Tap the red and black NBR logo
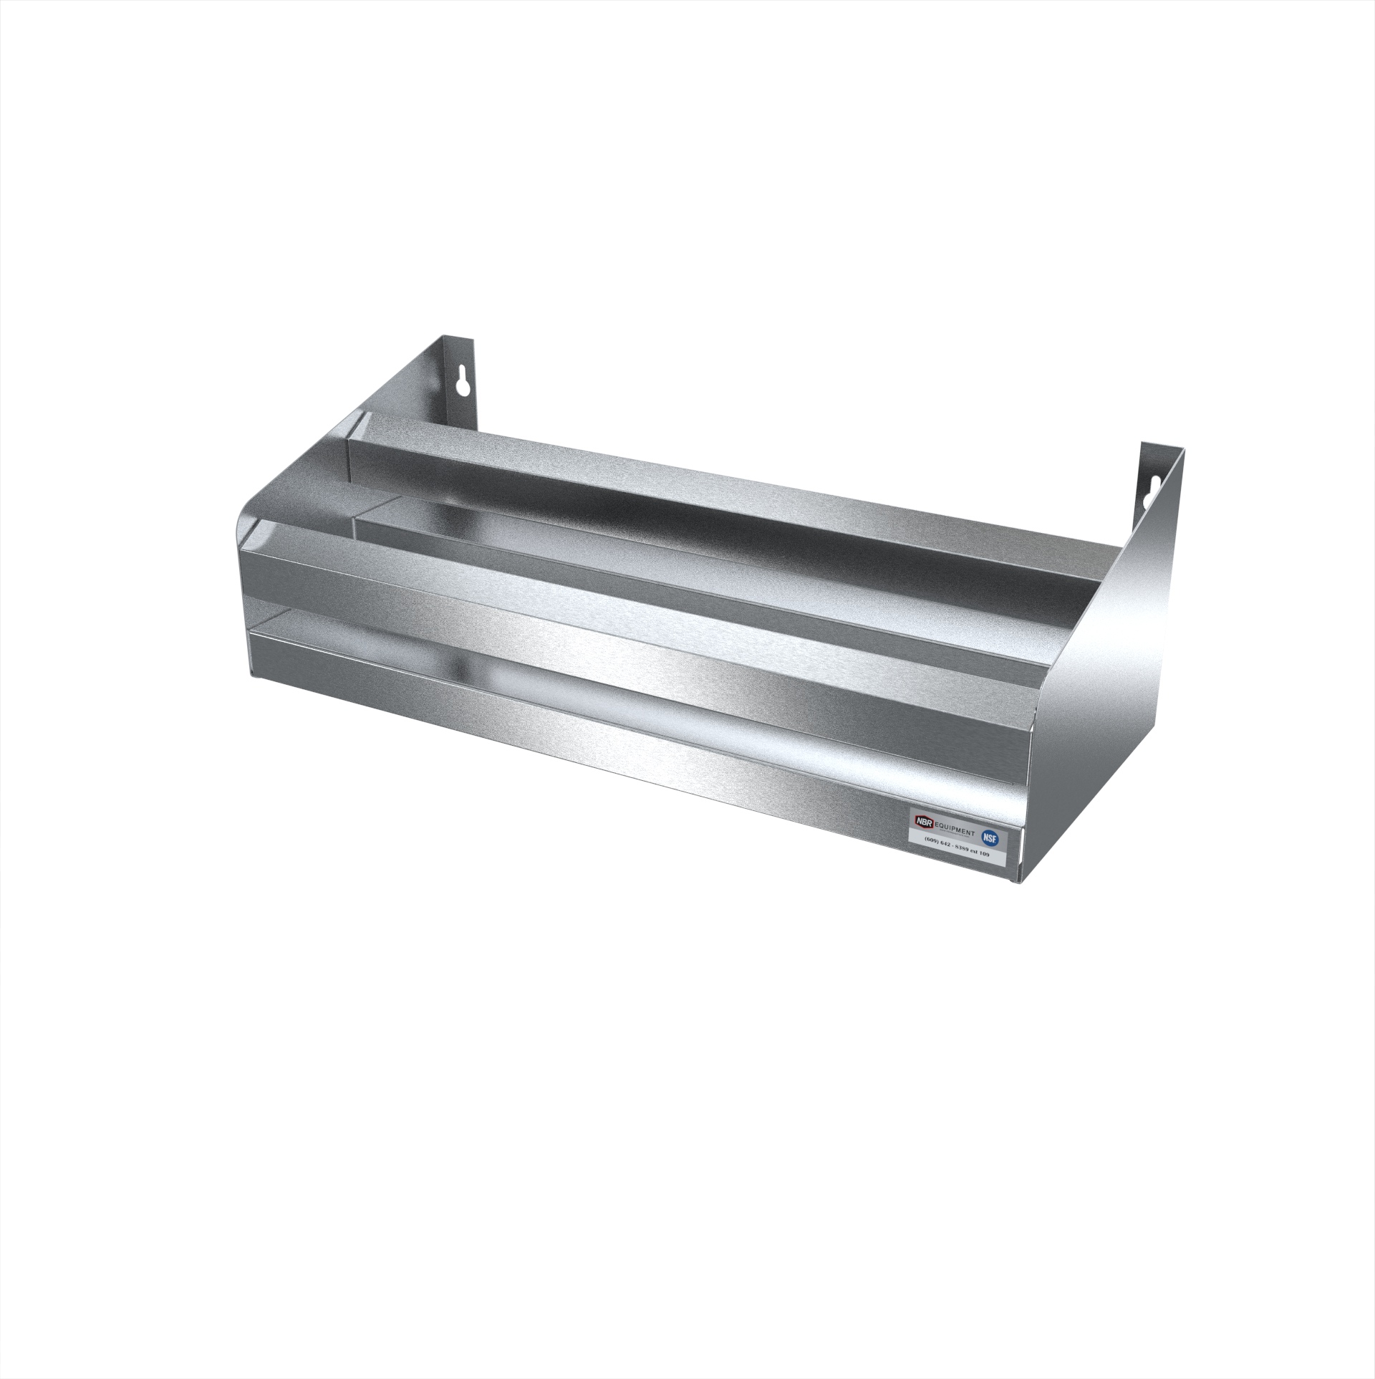tap(925, 822)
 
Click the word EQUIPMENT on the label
tap(955, 830)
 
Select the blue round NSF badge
tap(990, 838)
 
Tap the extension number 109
tap(984, 854)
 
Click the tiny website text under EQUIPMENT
tap(954, 834)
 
